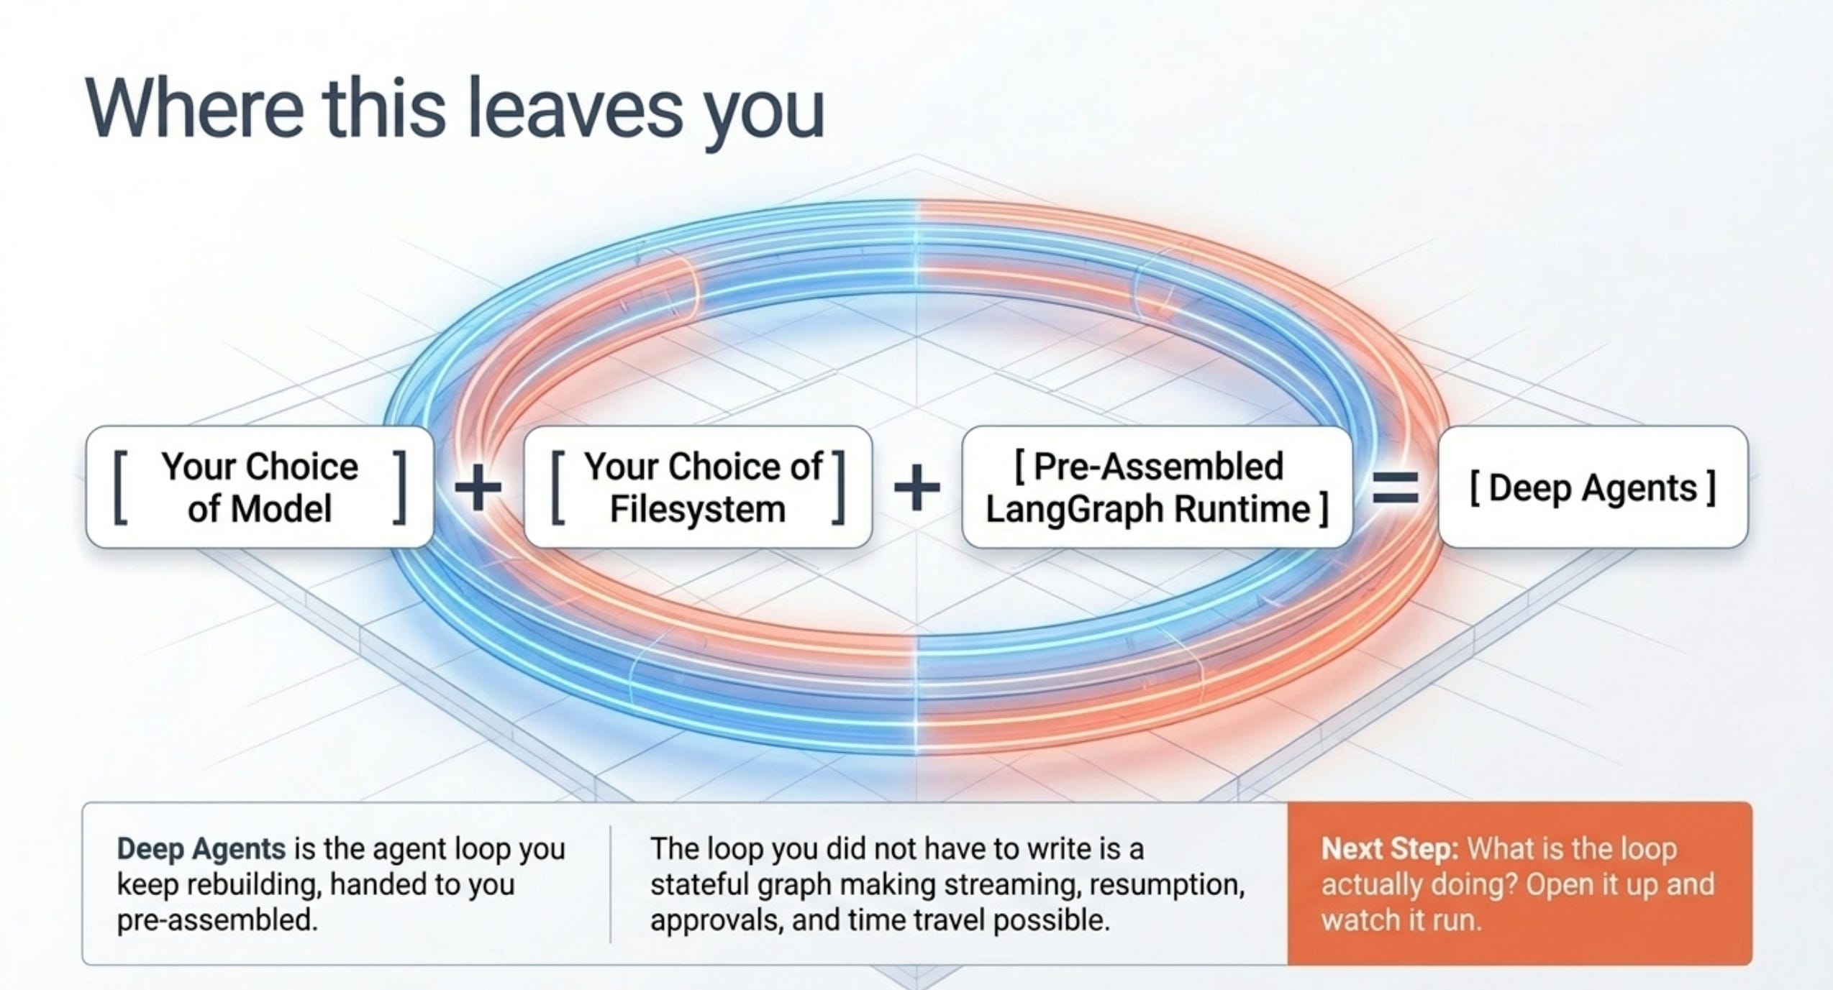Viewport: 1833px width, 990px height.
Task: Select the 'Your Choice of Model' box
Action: pos(260,487)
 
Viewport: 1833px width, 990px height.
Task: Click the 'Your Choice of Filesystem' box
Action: pos(698,487)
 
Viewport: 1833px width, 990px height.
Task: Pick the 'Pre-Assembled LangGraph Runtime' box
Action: pos(1157,487)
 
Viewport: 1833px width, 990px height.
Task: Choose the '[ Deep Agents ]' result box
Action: pos(1593,487)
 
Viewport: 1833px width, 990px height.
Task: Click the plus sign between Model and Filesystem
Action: pos(478,487)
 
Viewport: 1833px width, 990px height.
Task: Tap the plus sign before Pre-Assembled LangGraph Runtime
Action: pos(916,487)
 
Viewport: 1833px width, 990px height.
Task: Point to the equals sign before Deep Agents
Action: pos(1396,487)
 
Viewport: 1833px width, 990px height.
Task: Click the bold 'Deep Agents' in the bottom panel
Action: pos(201,849)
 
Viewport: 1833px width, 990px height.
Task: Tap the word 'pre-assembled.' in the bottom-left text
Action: pos(217,920)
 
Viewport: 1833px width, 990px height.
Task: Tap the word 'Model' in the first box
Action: pos(282,509)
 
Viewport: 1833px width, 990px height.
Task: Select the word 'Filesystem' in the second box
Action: pos(698,509)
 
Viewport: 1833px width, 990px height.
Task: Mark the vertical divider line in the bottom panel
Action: pos(611,884)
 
